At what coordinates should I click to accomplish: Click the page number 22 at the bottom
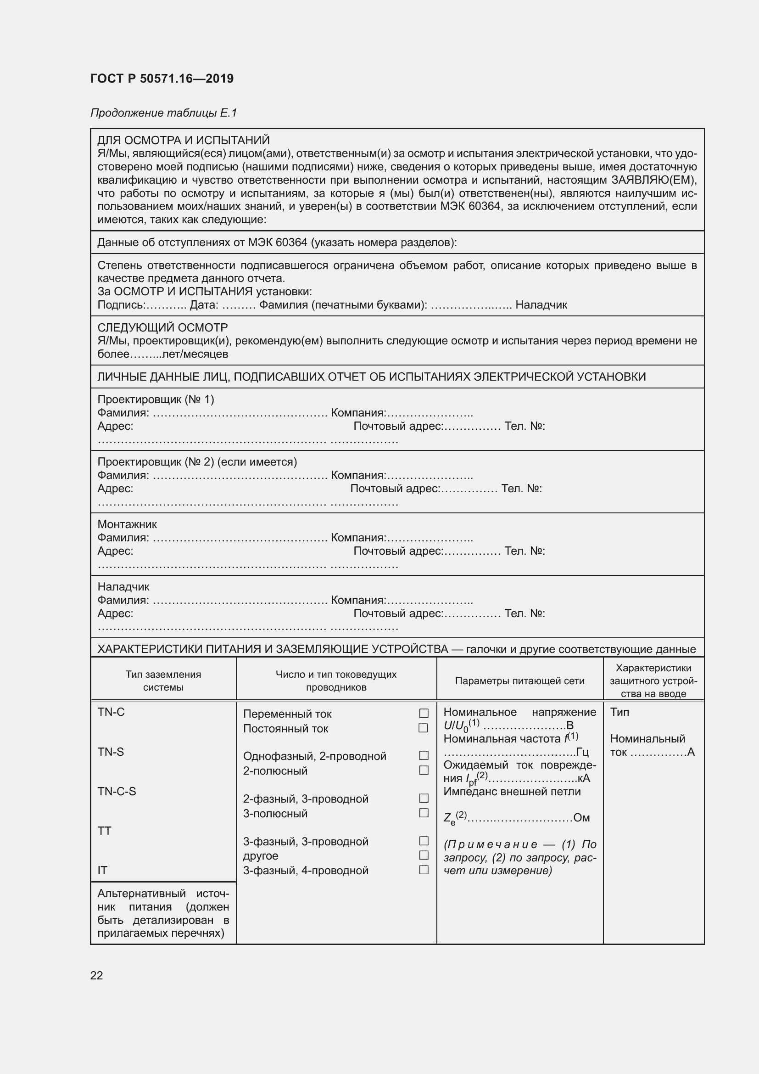pyautogui.click(x=96, y=975)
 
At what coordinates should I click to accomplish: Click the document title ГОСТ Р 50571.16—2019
pyautogui.click(x=162, y=79)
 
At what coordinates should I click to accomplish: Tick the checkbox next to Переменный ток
pyautogui.click(x=424, y=714)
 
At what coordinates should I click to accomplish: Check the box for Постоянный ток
pyautogui.click(x=424, y=728)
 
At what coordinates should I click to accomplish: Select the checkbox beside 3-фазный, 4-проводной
pyautogui.click(x=424, y=870)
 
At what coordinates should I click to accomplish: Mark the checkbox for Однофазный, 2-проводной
pyautogui.click(x=424, y=755)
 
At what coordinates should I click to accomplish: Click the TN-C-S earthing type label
pyautogui.click(x=117, y=791)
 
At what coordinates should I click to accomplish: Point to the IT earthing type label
pyautogui.click(x=102, y=870)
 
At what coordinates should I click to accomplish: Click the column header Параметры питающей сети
pyautogui.click(x=519, y=680)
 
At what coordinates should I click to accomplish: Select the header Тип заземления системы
pyautogui.click(x=163, y=680)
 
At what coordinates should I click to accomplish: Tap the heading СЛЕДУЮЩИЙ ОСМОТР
pyautogui.click(x=162, y=327)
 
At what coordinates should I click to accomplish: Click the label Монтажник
pyautogui.click(x=127, y=524)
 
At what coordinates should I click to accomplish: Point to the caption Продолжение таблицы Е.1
pyautogui.click(x=163, y=113)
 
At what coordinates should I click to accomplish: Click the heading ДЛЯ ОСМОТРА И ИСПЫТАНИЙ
pyautogui.click(x=183, y=141)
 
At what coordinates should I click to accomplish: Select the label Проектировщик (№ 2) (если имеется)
pyautogui.click(x=197, y=461)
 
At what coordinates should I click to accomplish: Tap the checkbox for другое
pyautogui.click(x=424, y=855)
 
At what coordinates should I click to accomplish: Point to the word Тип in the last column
pyautogui.click(x=619, y=712)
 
